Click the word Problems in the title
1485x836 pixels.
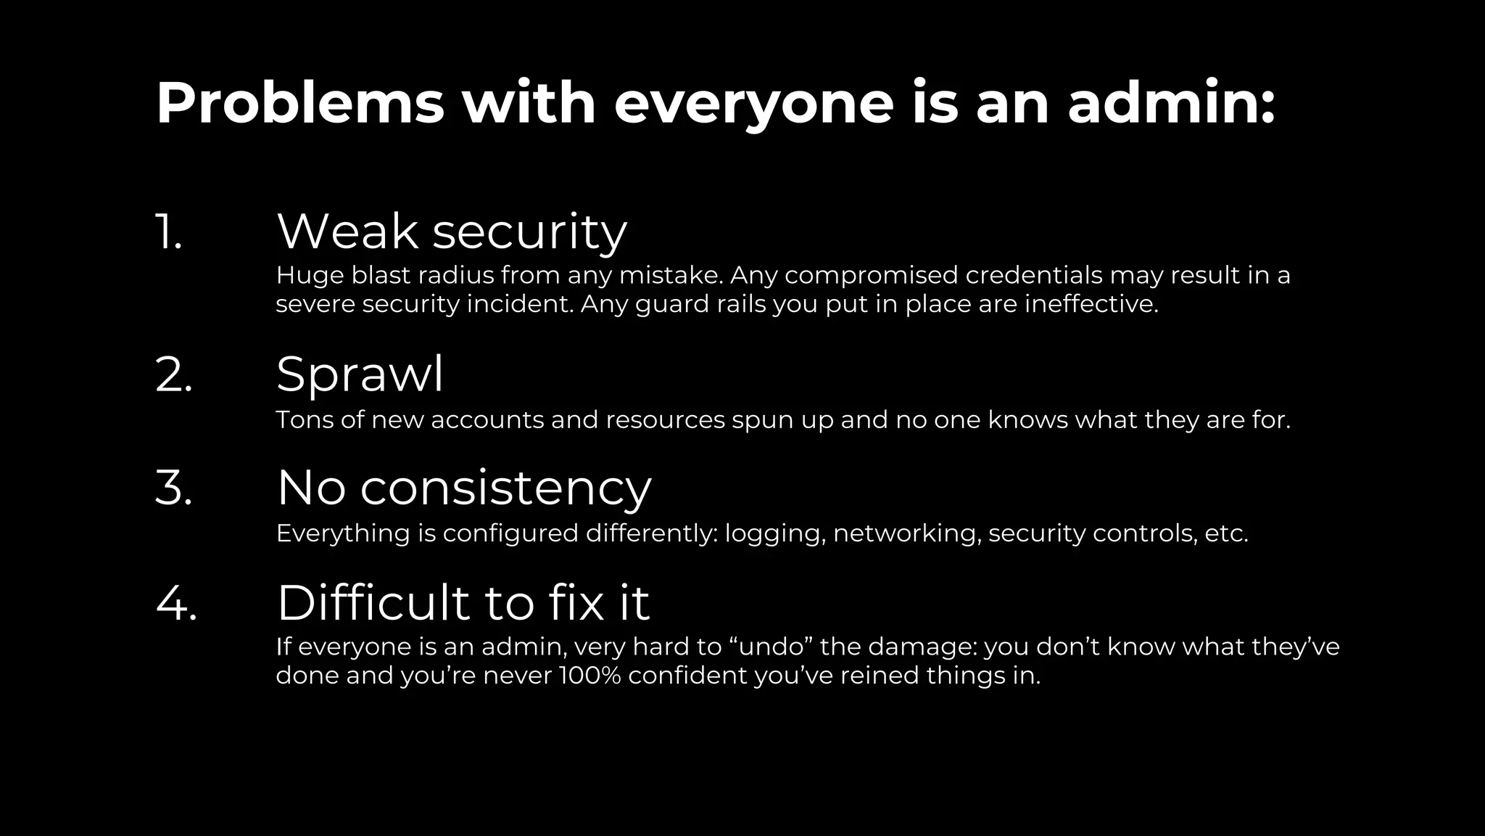coord(299,104)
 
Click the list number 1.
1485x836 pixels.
coord(168,232)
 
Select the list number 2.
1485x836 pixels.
coord(174,375)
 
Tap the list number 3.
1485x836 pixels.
coord(174,488)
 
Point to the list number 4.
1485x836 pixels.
coord(176,602)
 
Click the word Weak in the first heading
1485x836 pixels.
coord(347,232)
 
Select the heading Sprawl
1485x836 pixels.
coord(360,375)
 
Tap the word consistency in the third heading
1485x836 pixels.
coord(505,488)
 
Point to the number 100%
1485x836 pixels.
coord(590,676)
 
